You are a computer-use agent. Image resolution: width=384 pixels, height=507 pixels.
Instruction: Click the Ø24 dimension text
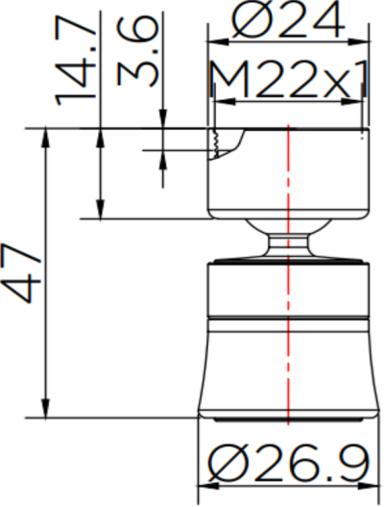(287, 20)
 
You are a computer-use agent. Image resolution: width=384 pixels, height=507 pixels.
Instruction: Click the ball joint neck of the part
(287, 240)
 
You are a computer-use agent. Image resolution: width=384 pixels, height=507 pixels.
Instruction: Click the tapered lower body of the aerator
(287, 366)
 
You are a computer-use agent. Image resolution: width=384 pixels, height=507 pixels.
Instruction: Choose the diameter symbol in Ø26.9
(228, 466)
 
